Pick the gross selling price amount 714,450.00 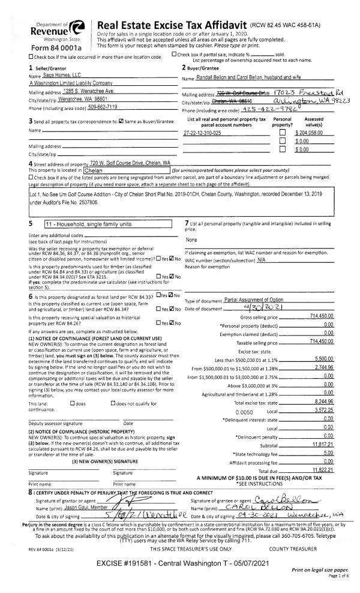[x=321, y=316]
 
